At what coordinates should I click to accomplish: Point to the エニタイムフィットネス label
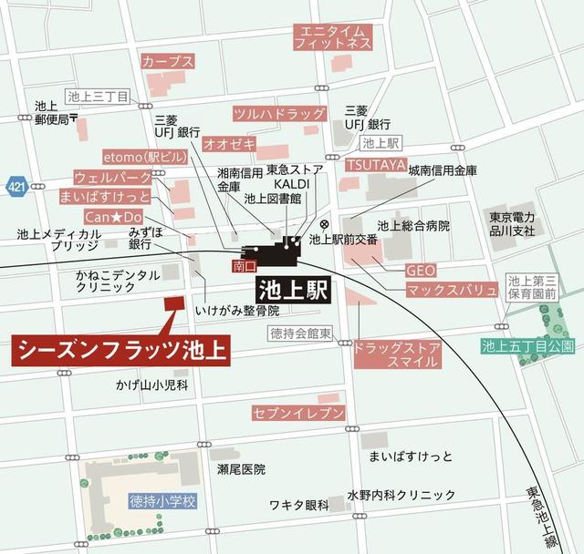(332, 37)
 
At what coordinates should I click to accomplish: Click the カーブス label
(168, 61)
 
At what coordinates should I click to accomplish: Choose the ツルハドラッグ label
(279, 114)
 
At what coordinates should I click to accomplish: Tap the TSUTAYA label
(375, 164)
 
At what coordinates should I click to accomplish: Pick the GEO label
(421, 270)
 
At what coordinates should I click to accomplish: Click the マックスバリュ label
(452, 291)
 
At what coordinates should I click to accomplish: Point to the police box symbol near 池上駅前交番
(325, 224)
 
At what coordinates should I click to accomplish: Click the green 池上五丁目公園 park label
(528, 346)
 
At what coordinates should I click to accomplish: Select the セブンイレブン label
(298, 415)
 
